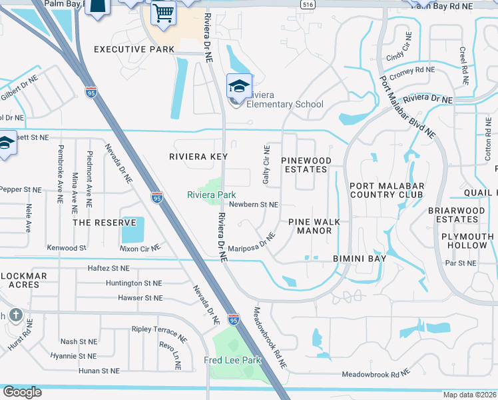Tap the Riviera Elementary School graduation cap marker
coord(239,86)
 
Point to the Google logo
coord(22,392)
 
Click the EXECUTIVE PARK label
coord(134,49)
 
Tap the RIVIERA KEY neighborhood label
coord(198,157)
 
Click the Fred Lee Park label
coord(232,361)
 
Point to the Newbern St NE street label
coord(253,205)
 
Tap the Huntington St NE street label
coord(134,283)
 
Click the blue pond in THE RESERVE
coord(132,230)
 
